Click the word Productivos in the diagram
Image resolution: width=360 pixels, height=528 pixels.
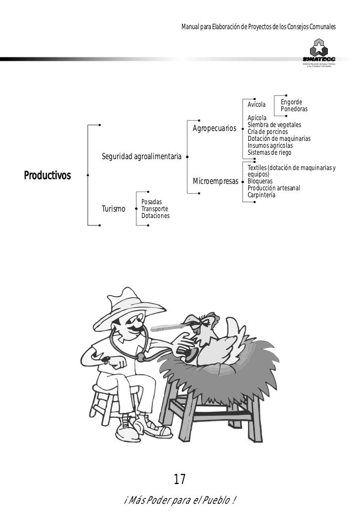(x=47, y=176)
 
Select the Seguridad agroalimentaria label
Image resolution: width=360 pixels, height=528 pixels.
(x=141, y=157)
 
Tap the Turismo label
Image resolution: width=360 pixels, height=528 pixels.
(x=113, y=209)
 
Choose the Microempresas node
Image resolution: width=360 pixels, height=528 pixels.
(x=216, y=182)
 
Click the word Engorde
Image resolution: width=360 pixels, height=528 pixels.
(x=291, y=102)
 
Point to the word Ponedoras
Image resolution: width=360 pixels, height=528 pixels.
(x=294, y=109)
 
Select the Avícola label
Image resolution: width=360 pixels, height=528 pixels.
(x=257, y=105)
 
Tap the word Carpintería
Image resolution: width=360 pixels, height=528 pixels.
(x=262, y=195)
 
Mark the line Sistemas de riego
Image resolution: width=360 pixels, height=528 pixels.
(x=270, y=153)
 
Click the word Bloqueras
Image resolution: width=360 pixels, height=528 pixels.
(x=260, y=181)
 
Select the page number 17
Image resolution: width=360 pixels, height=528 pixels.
(x=179, y=479)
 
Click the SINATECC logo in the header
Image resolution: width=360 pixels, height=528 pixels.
(x=322, y=53)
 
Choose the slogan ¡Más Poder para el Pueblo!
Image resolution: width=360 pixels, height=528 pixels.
(x=180, y=501)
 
